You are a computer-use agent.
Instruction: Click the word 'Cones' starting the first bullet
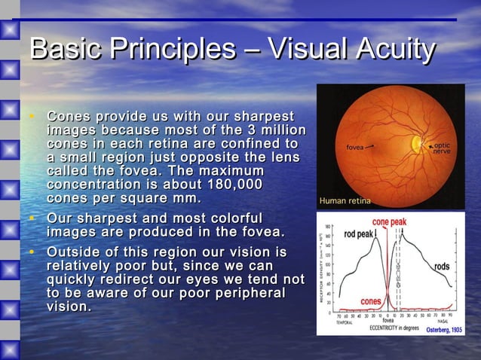tap(72, 117)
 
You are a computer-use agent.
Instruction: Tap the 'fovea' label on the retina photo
tap(356, 146)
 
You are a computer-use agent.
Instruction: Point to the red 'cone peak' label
tap(389, 223)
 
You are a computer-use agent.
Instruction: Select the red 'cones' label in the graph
tap(371, 301)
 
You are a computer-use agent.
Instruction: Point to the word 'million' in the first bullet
tap(281, 130)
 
